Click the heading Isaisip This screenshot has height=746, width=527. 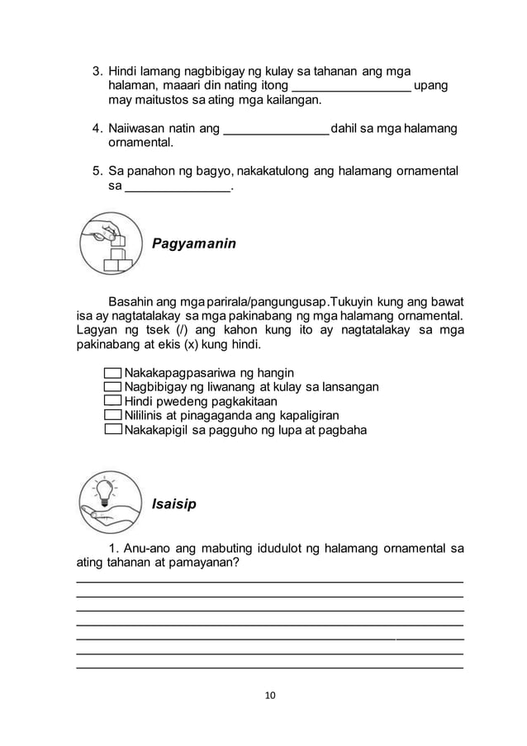click(173, 503)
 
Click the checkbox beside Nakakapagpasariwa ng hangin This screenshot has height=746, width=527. click(113, 373)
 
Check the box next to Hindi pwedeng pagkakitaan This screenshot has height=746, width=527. click(113, 401)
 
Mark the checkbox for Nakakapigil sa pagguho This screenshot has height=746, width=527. click(113, 430)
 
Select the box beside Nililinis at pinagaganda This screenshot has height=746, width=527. click(113, 415)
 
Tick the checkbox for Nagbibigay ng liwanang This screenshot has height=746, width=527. click(113, 387)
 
